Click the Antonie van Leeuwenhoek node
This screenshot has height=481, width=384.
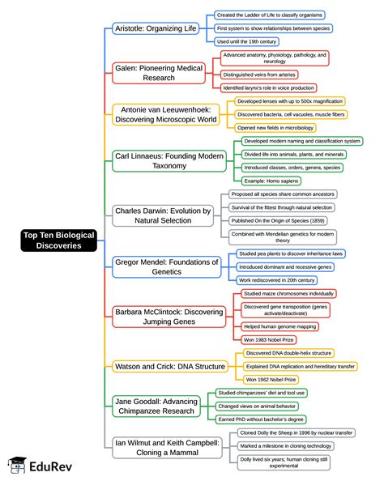(165, 114)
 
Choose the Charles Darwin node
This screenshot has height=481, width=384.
(162, 215)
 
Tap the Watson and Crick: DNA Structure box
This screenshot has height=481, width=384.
(169, 366)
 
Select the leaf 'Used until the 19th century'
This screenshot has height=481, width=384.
(247, 40)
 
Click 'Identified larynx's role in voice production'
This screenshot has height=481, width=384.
(269, 87)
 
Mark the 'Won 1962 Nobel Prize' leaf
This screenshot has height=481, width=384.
(271, 379)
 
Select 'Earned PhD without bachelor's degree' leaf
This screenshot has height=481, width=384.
(262, 419)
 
